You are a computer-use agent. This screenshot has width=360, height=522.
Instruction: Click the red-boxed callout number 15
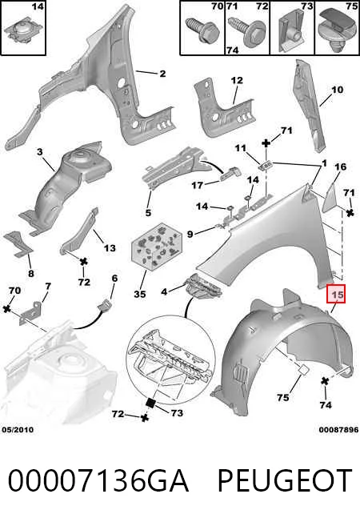click(x=336, y=295)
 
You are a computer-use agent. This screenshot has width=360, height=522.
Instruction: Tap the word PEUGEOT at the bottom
click(x=285, y=480)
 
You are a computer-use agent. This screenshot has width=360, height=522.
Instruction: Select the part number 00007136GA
click(x=98, y=480)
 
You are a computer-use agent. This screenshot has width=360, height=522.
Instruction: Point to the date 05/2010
click(x=18, y=429)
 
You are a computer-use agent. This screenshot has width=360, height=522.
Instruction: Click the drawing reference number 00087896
click(x=338, y=430)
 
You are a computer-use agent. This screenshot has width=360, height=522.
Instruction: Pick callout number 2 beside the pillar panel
click(x=162, y=73)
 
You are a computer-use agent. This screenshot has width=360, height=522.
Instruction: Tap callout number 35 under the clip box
click(x=140, y=294)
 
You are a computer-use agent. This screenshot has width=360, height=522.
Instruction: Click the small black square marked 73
click(x=150, y=403)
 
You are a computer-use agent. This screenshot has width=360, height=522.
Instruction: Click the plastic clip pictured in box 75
click(x=337, y=27)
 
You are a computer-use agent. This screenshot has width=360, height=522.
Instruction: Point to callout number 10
click(x=337, y=90)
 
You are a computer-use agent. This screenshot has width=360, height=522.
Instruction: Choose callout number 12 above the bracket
click(x=237, y=80)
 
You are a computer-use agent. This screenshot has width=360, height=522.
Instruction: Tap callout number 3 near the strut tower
click(x=40, y=152)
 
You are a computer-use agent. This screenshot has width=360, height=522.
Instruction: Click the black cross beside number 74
click(x=325, y=382)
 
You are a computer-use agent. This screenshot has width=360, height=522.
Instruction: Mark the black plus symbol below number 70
click(x=6, y=309)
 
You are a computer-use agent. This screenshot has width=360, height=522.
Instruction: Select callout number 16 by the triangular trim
click(x=340, y=167)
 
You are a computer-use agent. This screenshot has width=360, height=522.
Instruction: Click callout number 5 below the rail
click(x=148, y=212)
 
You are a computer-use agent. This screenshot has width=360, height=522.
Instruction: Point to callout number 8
click(x=30, y=274)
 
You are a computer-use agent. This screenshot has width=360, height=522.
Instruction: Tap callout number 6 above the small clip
click(x=114, y=278)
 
